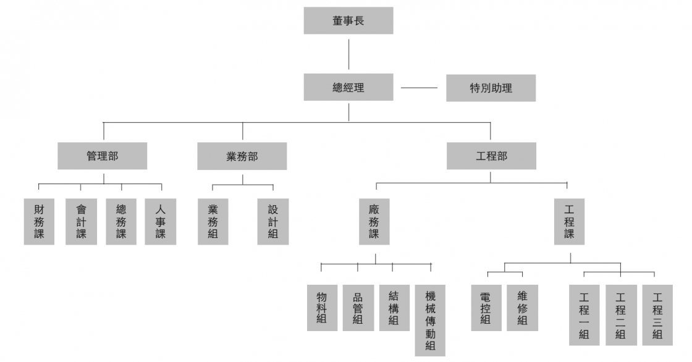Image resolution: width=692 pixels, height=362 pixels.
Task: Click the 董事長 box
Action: pos(348,20)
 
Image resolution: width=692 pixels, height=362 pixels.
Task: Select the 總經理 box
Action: pos(348,87)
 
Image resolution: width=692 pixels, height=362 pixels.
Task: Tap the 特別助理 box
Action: pos(491,88)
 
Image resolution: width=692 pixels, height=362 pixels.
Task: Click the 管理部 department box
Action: pos(103,156)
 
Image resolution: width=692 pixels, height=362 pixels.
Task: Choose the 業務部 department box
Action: pos(242,156)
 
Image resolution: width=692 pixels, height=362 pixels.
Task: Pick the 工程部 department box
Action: pos(491,156)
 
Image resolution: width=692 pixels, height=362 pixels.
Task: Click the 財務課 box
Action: pos(39,221)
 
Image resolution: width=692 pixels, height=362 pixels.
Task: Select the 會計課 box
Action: pos(81,221)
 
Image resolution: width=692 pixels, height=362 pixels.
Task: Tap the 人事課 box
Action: pos(161,221)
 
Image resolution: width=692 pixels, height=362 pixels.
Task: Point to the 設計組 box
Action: pos(273,221)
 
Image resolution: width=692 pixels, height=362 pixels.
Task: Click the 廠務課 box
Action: pos(374,221)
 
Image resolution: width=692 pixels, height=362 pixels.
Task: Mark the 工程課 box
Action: pos(569,221)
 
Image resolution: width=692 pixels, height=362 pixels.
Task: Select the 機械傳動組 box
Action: pos(430,320)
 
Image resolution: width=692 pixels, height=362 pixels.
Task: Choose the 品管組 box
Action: pos(358,308)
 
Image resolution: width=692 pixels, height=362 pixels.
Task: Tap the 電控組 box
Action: pos(486,308)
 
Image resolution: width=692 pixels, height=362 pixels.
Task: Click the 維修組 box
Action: pos(522,308)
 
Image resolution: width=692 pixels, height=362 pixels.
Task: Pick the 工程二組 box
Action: pos(620,315)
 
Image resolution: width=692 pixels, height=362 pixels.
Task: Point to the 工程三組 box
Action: pos(657,315)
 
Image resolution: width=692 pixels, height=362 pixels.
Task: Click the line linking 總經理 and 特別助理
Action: pos(419,88)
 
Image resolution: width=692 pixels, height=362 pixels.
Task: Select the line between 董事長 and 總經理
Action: pos(349,54)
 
